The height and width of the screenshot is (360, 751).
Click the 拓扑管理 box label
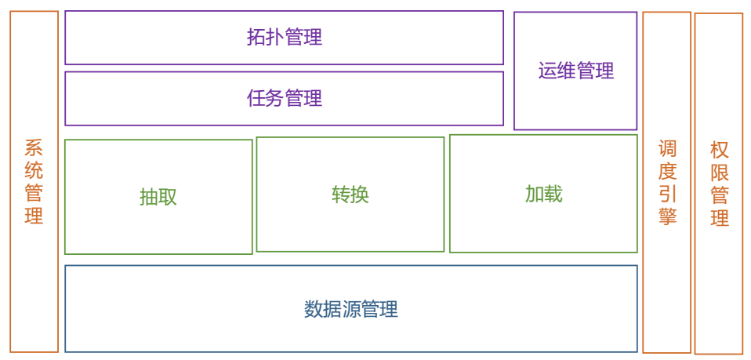284,37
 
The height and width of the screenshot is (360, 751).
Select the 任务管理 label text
284,98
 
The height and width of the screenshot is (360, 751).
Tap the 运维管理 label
575,71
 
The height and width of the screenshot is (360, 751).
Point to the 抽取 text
158,197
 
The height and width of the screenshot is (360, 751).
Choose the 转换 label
350,195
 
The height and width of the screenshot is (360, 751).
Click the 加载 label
543,194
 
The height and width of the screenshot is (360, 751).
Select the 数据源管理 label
350,309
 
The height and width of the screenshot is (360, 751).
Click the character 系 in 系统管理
34,148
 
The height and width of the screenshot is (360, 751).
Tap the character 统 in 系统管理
34,171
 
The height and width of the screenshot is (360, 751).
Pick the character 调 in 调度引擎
667,148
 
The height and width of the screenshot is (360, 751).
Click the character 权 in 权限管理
719,150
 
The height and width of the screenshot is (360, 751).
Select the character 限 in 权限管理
719,173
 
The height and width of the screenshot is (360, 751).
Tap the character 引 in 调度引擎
667,194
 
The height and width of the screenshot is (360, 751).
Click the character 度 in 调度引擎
667,171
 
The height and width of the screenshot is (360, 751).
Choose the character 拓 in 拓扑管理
256,37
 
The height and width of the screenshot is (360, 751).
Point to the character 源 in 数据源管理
350,309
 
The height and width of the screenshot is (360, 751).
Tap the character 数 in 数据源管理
313,309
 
